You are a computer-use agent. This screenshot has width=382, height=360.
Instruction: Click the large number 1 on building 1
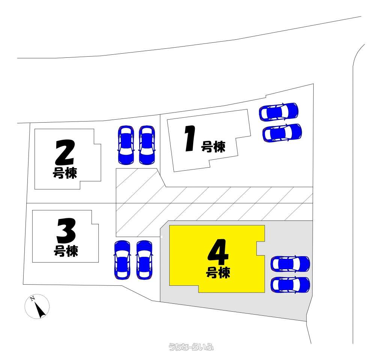click(190, 138)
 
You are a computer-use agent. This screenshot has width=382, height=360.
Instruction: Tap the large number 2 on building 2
click(65, 152)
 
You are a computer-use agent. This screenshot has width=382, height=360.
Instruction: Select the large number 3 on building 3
click(66, 231)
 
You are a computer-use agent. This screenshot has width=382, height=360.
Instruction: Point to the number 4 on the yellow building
click(218, 252)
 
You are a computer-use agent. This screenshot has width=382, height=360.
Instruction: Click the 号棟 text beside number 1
click(213, 147)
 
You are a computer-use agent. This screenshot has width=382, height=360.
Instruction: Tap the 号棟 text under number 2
click(65, 173)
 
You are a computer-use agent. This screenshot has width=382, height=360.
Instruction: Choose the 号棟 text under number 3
click(66, 251)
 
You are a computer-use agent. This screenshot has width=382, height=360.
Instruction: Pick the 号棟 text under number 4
click(218, 272)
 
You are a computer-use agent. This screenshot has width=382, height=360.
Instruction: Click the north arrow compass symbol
click(37, 306)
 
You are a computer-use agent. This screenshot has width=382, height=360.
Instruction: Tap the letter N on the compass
click(32, 298)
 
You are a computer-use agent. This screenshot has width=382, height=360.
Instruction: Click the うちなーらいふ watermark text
click(191, 346)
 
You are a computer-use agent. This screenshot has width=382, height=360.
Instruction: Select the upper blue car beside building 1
click(279, 112)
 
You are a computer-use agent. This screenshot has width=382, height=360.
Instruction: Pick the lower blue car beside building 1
click(282, 133)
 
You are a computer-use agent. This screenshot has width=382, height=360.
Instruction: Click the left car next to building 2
click(126, 145)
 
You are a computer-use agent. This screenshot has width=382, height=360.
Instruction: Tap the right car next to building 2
click(147, 145)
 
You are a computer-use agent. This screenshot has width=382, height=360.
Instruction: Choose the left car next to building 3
click(122, 260)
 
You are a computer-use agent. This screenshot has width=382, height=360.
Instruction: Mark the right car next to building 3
click(144, 260)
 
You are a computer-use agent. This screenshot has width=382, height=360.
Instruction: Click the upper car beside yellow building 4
click(290, 264)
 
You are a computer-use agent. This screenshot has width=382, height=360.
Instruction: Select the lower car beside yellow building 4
click(290, 285)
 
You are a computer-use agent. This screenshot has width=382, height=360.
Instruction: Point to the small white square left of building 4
click(161, 237)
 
